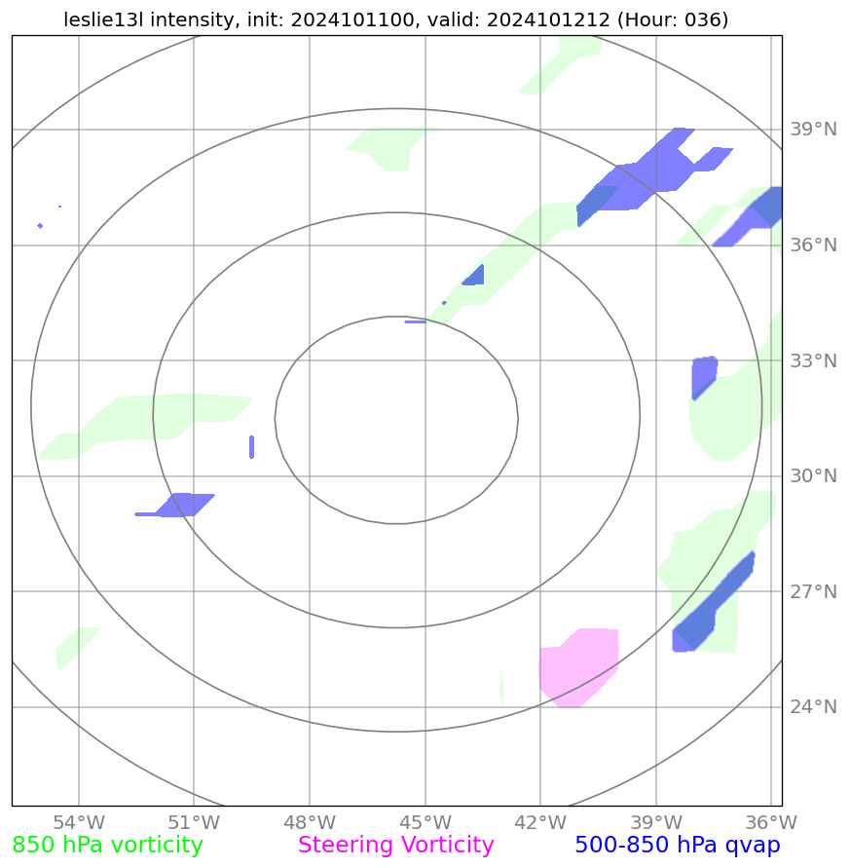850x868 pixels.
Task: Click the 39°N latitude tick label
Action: click(812, 130)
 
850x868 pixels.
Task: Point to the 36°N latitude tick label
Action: click(812, 245)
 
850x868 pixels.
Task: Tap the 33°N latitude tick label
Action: click(812, 361)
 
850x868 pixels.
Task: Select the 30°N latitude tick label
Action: click(812, 476)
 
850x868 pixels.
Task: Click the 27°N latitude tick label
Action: click(812, 592)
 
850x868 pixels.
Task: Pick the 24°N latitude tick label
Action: click(812, 707)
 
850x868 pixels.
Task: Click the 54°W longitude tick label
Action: click(79, 822)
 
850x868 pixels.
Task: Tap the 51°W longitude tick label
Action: click(194, 822)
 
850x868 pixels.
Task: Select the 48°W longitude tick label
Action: click(310, 822)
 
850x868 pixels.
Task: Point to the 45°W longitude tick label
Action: click(425, 822)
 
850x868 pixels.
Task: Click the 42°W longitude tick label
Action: click(540, 822)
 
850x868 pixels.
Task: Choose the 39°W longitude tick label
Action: click(656, 822)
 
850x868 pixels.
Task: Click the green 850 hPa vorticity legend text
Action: click(108, 846)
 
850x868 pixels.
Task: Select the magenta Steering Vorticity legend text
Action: click(396, 846)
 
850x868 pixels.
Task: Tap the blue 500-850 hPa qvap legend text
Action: click(678, 846)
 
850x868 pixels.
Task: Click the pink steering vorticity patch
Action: click(580, 666)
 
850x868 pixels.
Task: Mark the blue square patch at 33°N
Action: click(704, 375)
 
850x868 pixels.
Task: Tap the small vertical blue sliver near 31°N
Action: click(251, 446)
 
